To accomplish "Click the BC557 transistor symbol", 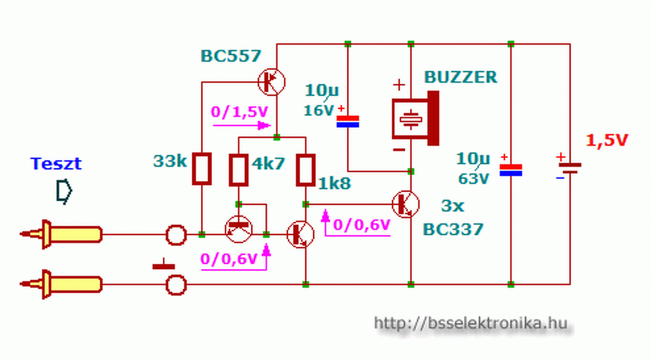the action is click(272, 82).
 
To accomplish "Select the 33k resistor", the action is click(202, 168).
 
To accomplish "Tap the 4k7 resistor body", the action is click(239, 170).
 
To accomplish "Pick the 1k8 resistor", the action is click(306, 170).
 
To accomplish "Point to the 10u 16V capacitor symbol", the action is click(348, 122).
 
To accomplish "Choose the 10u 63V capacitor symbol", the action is click(511, 170).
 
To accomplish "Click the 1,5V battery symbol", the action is click(570, 168).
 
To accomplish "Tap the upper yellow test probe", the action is click(62, 234).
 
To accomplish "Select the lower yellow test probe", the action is click(62, 284).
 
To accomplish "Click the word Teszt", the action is click(56, 164).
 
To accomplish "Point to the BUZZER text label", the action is click(461, 77).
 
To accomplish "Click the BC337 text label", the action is click(453, 229).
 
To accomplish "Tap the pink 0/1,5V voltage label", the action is click(240, 112).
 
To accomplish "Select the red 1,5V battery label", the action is click(607, 140).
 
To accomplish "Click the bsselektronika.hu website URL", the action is click(471, 323).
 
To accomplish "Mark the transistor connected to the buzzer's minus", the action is click(406, 204).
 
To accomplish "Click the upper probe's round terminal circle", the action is click(176, 235).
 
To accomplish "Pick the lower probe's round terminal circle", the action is click(176, 285).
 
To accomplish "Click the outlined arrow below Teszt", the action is click(64, 191).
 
